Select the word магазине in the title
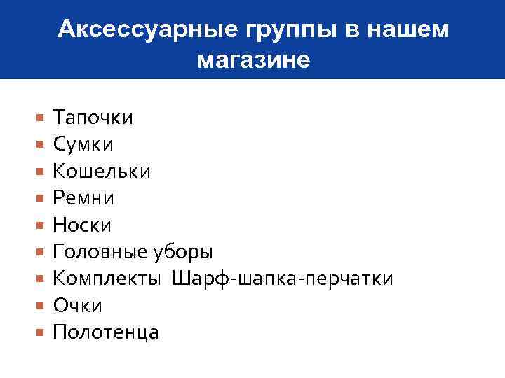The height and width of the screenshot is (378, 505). pos(253,59)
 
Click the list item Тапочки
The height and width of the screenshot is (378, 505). pos(93,117)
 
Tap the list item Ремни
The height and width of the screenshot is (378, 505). pos(83,198)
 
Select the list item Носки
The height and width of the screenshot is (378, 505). pos(82,225)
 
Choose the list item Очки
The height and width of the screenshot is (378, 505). pos(78,306)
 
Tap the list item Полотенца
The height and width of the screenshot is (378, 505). pos(106,332)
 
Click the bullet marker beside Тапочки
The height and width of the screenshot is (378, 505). pos(41,118)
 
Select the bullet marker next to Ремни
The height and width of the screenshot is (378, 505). pos(41,199)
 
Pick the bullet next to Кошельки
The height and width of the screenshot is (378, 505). pos(41,171)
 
